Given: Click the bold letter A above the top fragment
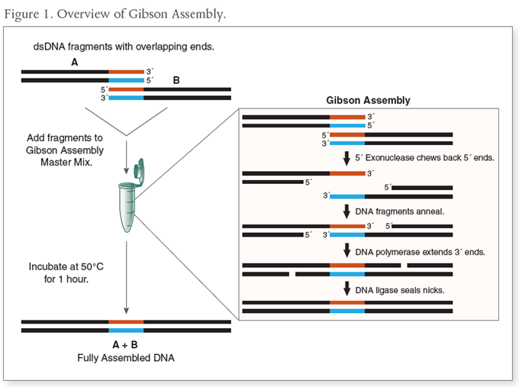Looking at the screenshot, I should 74,62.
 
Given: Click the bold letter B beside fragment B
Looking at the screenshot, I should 176,79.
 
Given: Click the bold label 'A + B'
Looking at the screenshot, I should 126,345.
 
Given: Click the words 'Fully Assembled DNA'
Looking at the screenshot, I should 126,357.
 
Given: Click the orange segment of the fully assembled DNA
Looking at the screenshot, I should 126,322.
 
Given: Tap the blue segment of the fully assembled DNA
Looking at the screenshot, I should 126,331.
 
